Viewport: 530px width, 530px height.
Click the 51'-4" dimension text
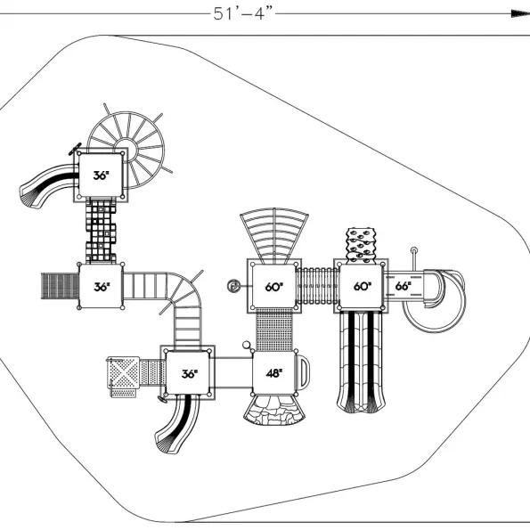(242, 14)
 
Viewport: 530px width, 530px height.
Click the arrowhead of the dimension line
(520, 13)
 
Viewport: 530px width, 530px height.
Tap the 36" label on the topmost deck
(101, 175)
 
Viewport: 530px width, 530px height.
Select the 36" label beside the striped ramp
(102, 287)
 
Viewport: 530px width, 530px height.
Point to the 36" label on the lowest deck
(189, 373)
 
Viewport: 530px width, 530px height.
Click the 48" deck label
(274, 373)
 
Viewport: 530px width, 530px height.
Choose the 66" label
(403, 286)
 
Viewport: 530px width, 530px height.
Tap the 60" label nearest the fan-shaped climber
(273, 287)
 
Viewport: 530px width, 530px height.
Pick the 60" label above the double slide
(362, 286)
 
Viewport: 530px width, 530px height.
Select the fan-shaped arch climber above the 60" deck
(274, 235)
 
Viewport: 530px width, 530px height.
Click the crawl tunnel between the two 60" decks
(316, 286)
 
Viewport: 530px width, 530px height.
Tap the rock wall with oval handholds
(361, 245)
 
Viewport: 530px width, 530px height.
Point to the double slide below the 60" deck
(361, 362)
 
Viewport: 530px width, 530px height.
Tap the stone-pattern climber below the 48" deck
(274, 410)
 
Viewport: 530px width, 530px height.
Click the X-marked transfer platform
(124, 372)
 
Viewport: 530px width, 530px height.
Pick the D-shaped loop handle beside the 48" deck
(303, 372)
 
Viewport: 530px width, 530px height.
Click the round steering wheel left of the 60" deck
(233, 286)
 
